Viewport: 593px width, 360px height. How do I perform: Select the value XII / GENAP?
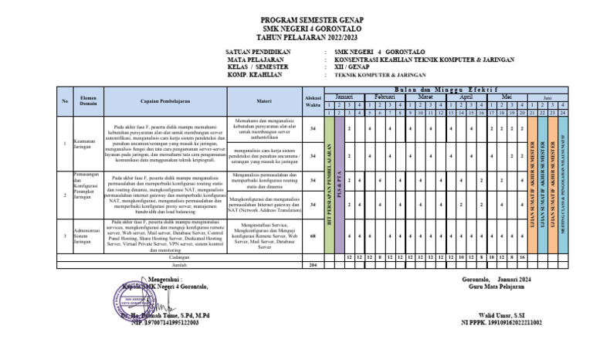click(x=353, y=67)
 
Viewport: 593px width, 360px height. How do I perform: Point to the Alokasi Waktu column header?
click(x=313, y=101)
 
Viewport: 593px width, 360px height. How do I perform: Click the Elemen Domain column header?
click(x=86, y=101)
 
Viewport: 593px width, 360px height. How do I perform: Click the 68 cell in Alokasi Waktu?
click(x=313, y=235)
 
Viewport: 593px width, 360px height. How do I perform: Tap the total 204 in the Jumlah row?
click(x=313, y=264)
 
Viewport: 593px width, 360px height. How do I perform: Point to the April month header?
click(x=466, y=97)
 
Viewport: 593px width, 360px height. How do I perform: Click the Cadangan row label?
click(x=179, y=256)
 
